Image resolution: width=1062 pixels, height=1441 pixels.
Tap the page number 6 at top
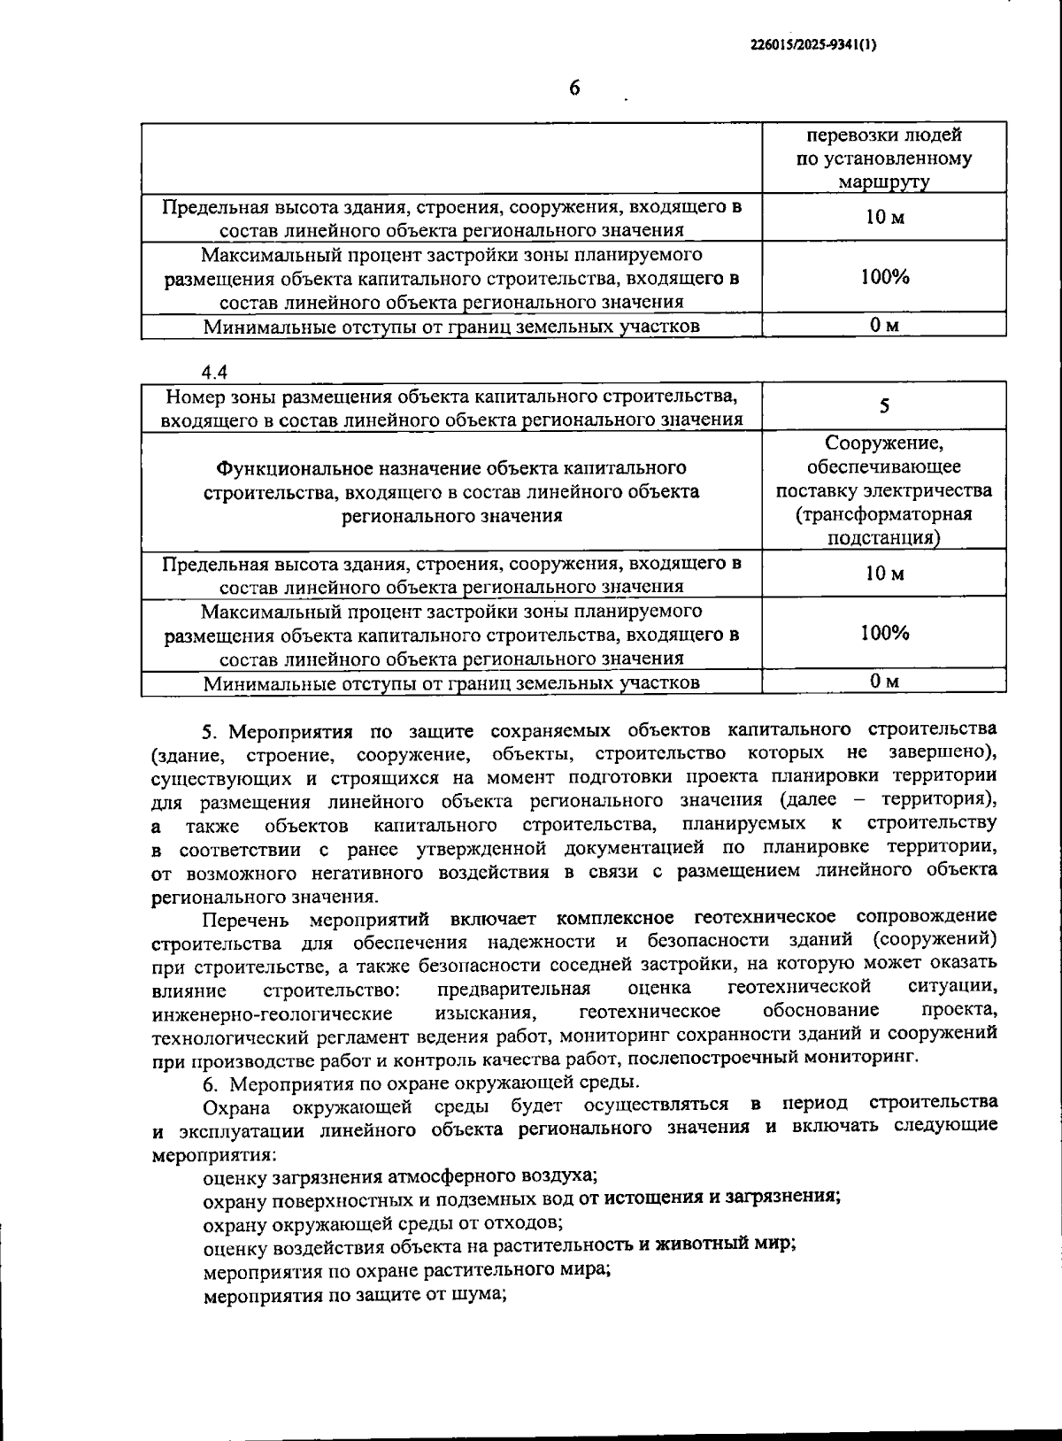coord(573,89)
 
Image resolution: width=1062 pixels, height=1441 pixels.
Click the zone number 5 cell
coord(884,406)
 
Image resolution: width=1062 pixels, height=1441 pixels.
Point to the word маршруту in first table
coord(884,183)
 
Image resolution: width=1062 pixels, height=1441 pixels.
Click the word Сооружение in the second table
coord(884,443)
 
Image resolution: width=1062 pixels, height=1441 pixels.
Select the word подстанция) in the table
coord(884,538)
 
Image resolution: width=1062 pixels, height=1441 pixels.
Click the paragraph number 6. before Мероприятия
coord(210,1083)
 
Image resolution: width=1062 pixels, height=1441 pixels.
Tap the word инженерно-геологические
coord(273,1013)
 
